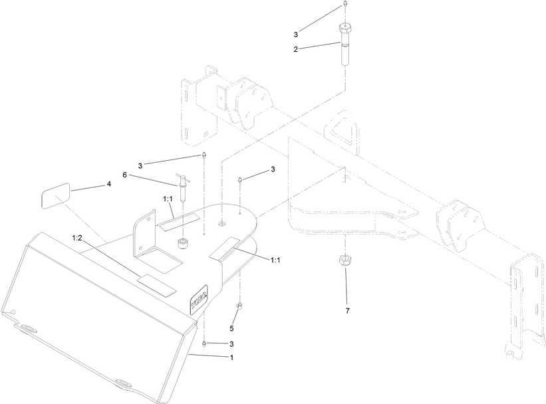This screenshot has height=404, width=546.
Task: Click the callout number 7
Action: tap(347, 311)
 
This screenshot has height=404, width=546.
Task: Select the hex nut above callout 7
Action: tap(344, 260)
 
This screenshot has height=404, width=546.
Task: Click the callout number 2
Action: tap(296, 49)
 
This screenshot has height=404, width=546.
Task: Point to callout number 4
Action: tap(109, 184)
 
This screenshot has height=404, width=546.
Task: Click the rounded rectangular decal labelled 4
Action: tap(56, 195)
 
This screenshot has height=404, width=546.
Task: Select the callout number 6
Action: tap(124, 175)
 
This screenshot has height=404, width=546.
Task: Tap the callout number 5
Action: tap(231, 328)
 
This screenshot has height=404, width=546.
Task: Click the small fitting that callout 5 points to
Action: tap(240, 306)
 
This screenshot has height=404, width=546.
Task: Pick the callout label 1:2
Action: tap(77, 238)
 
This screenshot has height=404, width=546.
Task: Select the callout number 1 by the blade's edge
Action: tap(231, 357)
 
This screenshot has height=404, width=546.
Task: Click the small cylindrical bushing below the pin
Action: tap(182, 243)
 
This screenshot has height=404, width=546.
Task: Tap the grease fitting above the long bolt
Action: tap(344, 4)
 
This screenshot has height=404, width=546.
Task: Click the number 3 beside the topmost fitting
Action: tap(296, 35)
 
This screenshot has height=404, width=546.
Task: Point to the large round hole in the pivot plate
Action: tap(222, 223)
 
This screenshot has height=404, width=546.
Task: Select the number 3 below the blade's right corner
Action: tap(231, 344)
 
